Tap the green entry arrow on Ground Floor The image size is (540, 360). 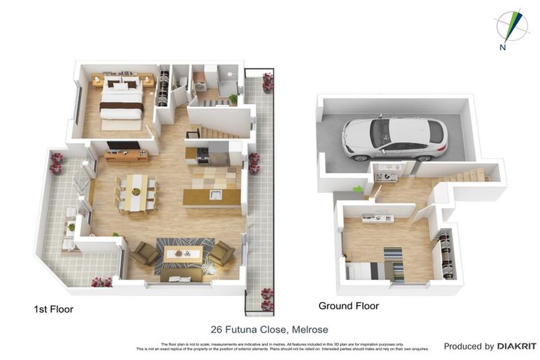(x=358, y=189)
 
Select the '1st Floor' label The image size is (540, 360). (x=53, y=309)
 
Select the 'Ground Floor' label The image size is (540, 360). (x=348, y=306)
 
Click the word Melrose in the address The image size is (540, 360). (x=310, y=329)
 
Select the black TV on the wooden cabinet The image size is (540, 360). (x=123, y=146)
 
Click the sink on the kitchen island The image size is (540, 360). (x=215, y=195)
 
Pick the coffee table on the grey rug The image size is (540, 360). (x=183, y=252)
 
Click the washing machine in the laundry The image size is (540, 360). (x=200, y=77)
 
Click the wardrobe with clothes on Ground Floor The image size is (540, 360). (x=443, y=255)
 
